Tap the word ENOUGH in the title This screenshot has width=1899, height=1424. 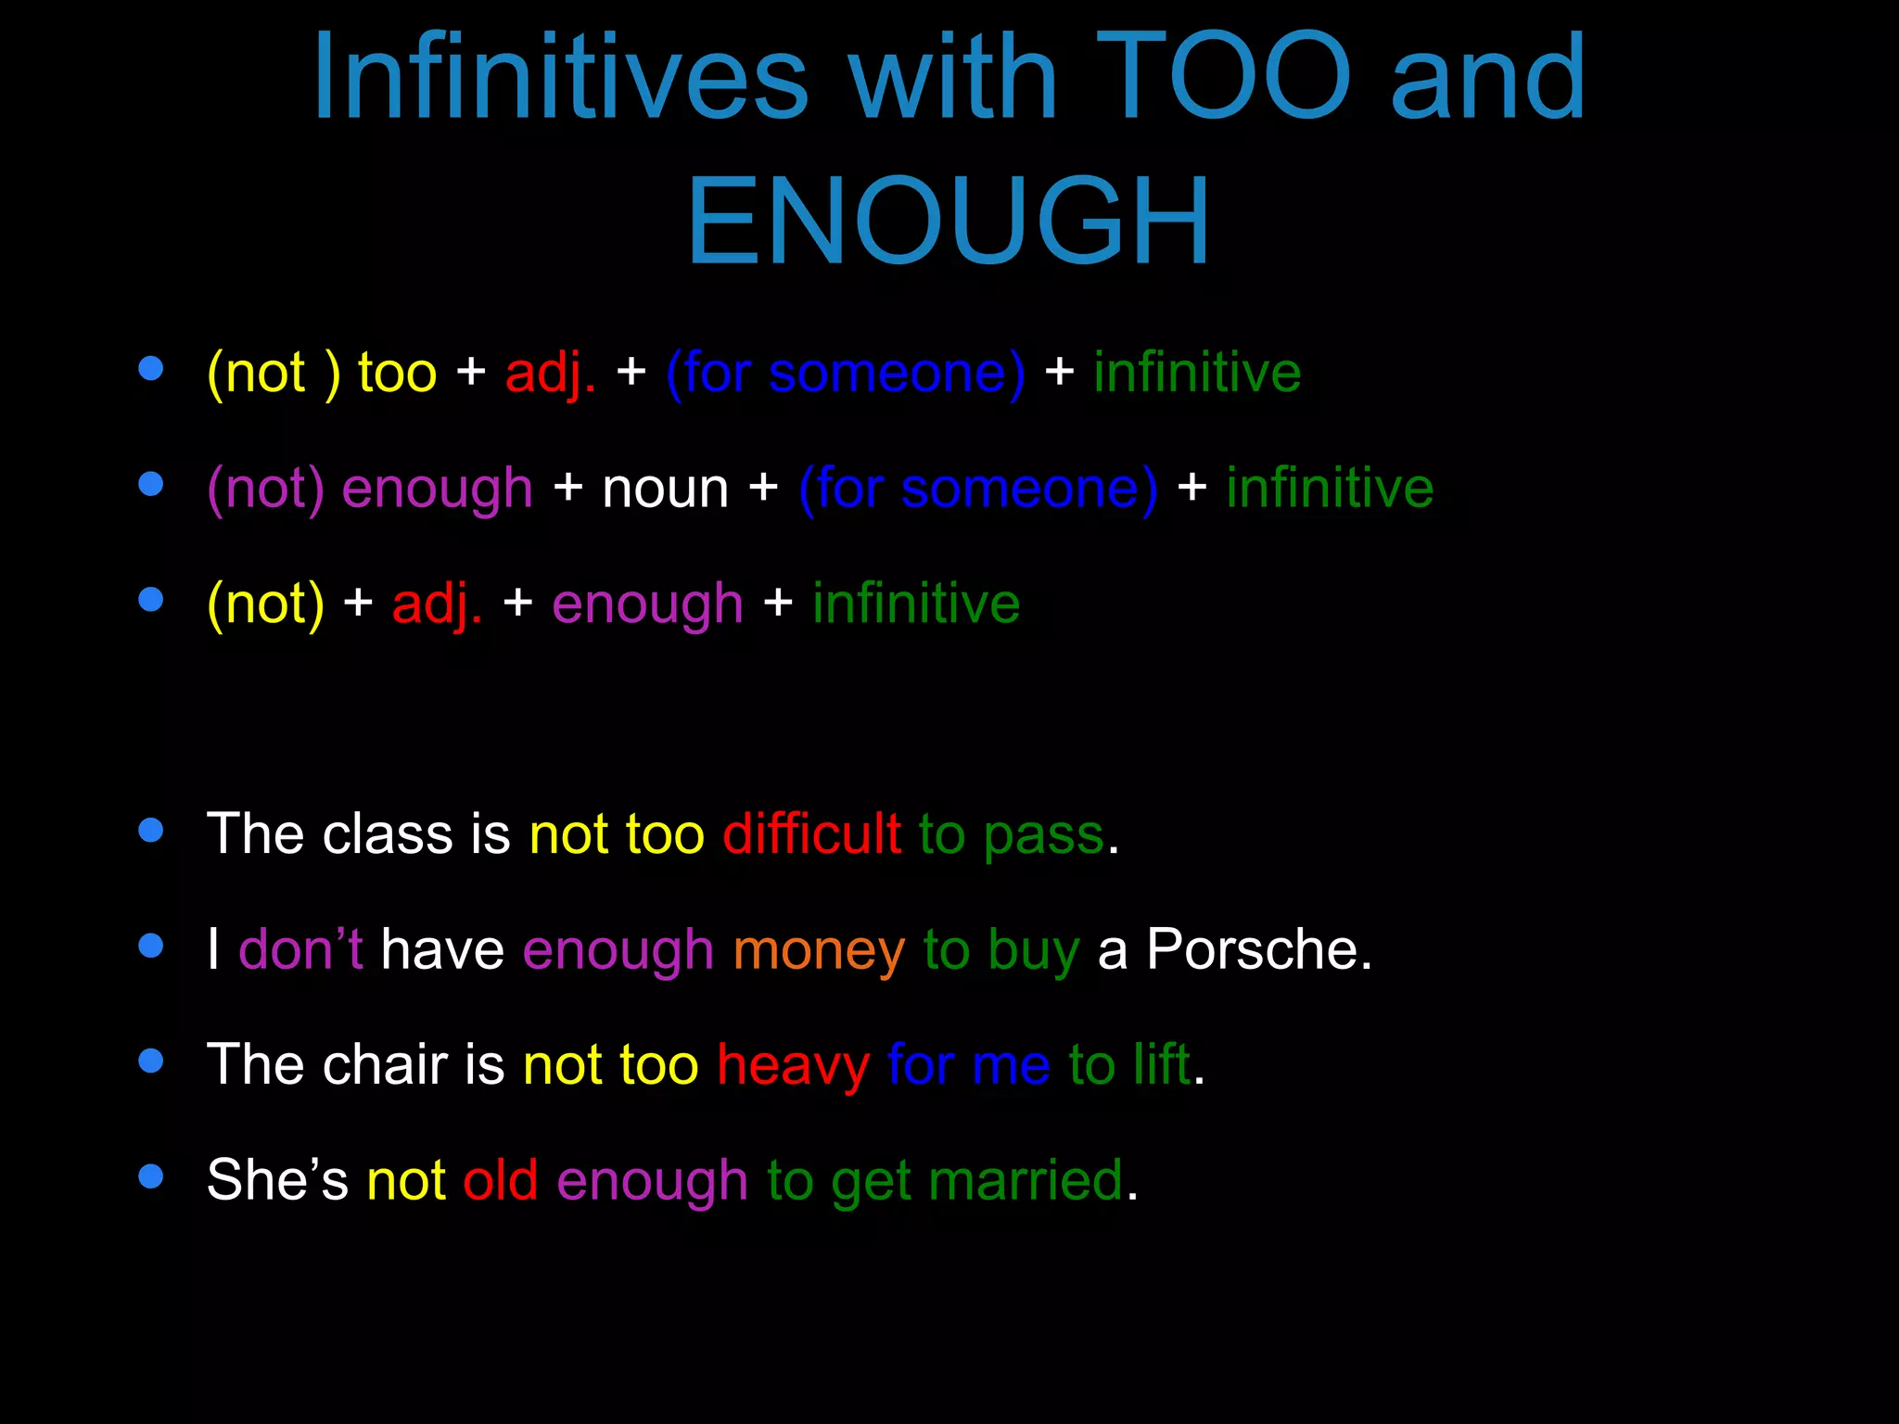point(948,222)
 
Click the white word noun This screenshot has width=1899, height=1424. point(665,489)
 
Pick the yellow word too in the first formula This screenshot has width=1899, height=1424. point(397,373)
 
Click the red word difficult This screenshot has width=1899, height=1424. point(811,833)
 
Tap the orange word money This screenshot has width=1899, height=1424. point(818,950)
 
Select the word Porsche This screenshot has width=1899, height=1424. point(1257,949)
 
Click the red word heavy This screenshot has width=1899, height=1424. point(793,1065)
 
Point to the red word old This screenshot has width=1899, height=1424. point(500,1180)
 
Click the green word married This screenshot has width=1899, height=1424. point(1026,1180)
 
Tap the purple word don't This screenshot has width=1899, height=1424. point(300,949)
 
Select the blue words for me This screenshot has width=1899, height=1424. point(968,1065)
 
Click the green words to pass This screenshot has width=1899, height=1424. point(1012,834)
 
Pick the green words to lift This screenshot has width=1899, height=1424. point(1128,1064)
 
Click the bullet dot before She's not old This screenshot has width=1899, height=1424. point(150,1176)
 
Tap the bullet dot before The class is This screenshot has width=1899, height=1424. point(150,830)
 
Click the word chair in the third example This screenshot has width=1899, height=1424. point(385,1064)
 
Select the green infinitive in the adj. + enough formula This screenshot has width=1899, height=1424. point(916,604)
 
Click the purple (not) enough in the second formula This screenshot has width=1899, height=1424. point(369,489)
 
